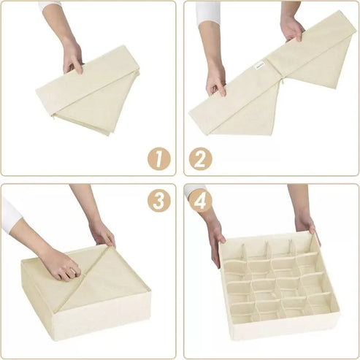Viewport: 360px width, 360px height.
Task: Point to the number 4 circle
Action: tap(201, 201)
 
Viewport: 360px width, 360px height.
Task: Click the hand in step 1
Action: tap(73, 57)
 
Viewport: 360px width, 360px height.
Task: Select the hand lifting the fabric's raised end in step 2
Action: tap(292, 29)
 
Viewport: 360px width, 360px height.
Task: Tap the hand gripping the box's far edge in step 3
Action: tap(103, 234)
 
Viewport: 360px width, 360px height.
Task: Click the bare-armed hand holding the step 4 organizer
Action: tap(305, 224)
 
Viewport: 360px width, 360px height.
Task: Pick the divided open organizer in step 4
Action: tap(277, 285)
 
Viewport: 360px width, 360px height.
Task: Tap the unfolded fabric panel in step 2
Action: tap(270, 77)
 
